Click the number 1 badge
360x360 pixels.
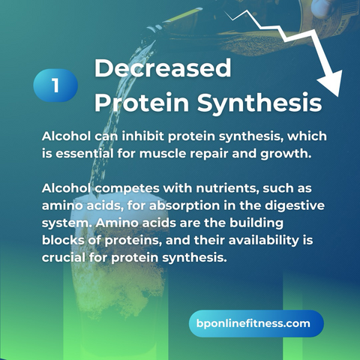click(55, 85)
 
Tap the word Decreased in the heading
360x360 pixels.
click(163, 68)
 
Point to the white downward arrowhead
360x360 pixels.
click(331, 82)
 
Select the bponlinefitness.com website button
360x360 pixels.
click(256, 323)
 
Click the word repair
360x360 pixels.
click(209, 154)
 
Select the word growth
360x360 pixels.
click(286, 154)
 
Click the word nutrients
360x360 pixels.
click(227, 188)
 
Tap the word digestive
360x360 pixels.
click(295, 206)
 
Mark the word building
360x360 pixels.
click(256, 223)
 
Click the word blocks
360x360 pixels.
click(63, 240)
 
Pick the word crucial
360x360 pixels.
click(64, 257)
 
